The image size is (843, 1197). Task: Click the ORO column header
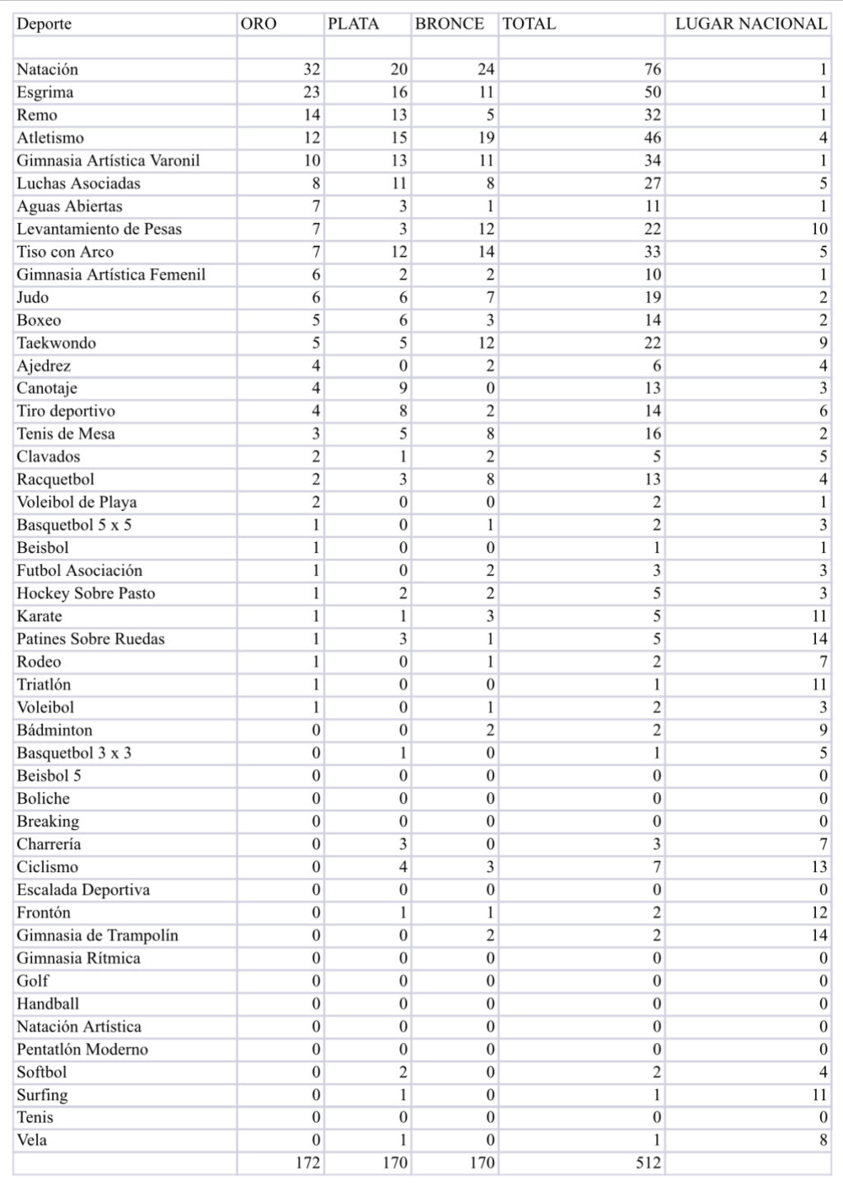[258, 24]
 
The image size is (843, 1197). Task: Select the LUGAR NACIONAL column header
[751, 24]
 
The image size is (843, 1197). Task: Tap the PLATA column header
[353, 24]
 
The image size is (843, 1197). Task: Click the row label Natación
[47, 70]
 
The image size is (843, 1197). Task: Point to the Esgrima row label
[44, 92]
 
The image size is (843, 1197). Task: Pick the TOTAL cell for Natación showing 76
[652, 70]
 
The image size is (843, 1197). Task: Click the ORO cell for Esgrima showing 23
[311, 92]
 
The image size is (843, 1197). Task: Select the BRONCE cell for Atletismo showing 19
[486, 138]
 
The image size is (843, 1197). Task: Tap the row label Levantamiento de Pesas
[99, 229]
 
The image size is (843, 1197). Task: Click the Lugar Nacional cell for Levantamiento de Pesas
[818, 229]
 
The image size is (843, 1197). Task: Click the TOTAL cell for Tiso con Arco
[652, 252]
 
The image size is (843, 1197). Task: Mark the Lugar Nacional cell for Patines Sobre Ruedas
[818, 638]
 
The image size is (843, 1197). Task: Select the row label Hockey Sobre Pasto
[86, 593]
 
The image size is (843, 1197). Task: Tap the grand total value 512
[648, 1163]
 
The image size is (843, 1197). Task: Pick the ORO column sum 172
[307, 1163]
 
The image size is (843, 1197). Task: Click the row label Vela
[31, 1140]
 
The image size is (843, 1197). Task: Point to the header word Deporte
[44, 24]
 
